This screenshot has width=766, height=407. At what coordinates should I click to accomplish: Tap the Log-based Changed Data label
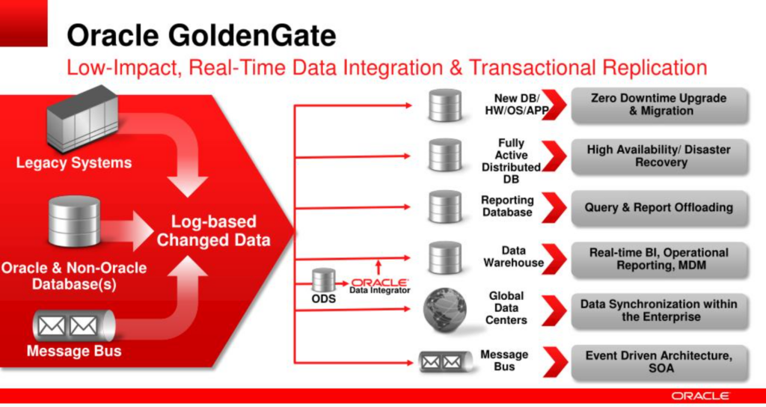click(213, 230)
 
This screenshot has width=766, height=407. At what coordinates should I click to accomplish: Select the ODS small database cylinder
click(324, 281)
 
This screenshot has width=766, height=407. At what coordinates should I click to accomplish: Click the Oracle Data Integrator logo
click(379, 285)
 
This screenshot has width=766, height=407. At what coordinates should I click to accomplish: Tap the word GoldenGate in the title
click(251, 35)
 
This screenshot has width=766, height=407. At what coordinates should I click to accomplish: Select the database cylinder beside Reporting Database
click(445, 206)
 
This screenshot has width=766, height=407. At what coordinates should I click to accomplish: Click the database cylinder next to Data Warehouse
click(445, 257)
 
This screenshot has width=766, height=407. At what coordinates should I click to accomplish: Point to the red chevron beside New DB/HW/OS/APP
click(553, 105)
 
